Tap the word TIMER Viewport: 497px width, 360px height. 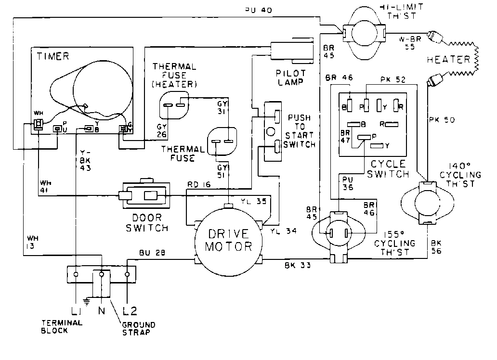click(53, 57)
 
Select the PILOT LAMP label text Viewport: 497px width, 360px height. click(291, 77)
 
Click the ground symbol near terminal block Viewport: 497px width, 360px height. click(87, 302)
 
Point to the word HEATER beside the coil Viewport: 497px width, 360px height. click(448, 60)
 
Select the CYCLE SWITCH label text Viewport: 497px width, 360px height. click(388, 168)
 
